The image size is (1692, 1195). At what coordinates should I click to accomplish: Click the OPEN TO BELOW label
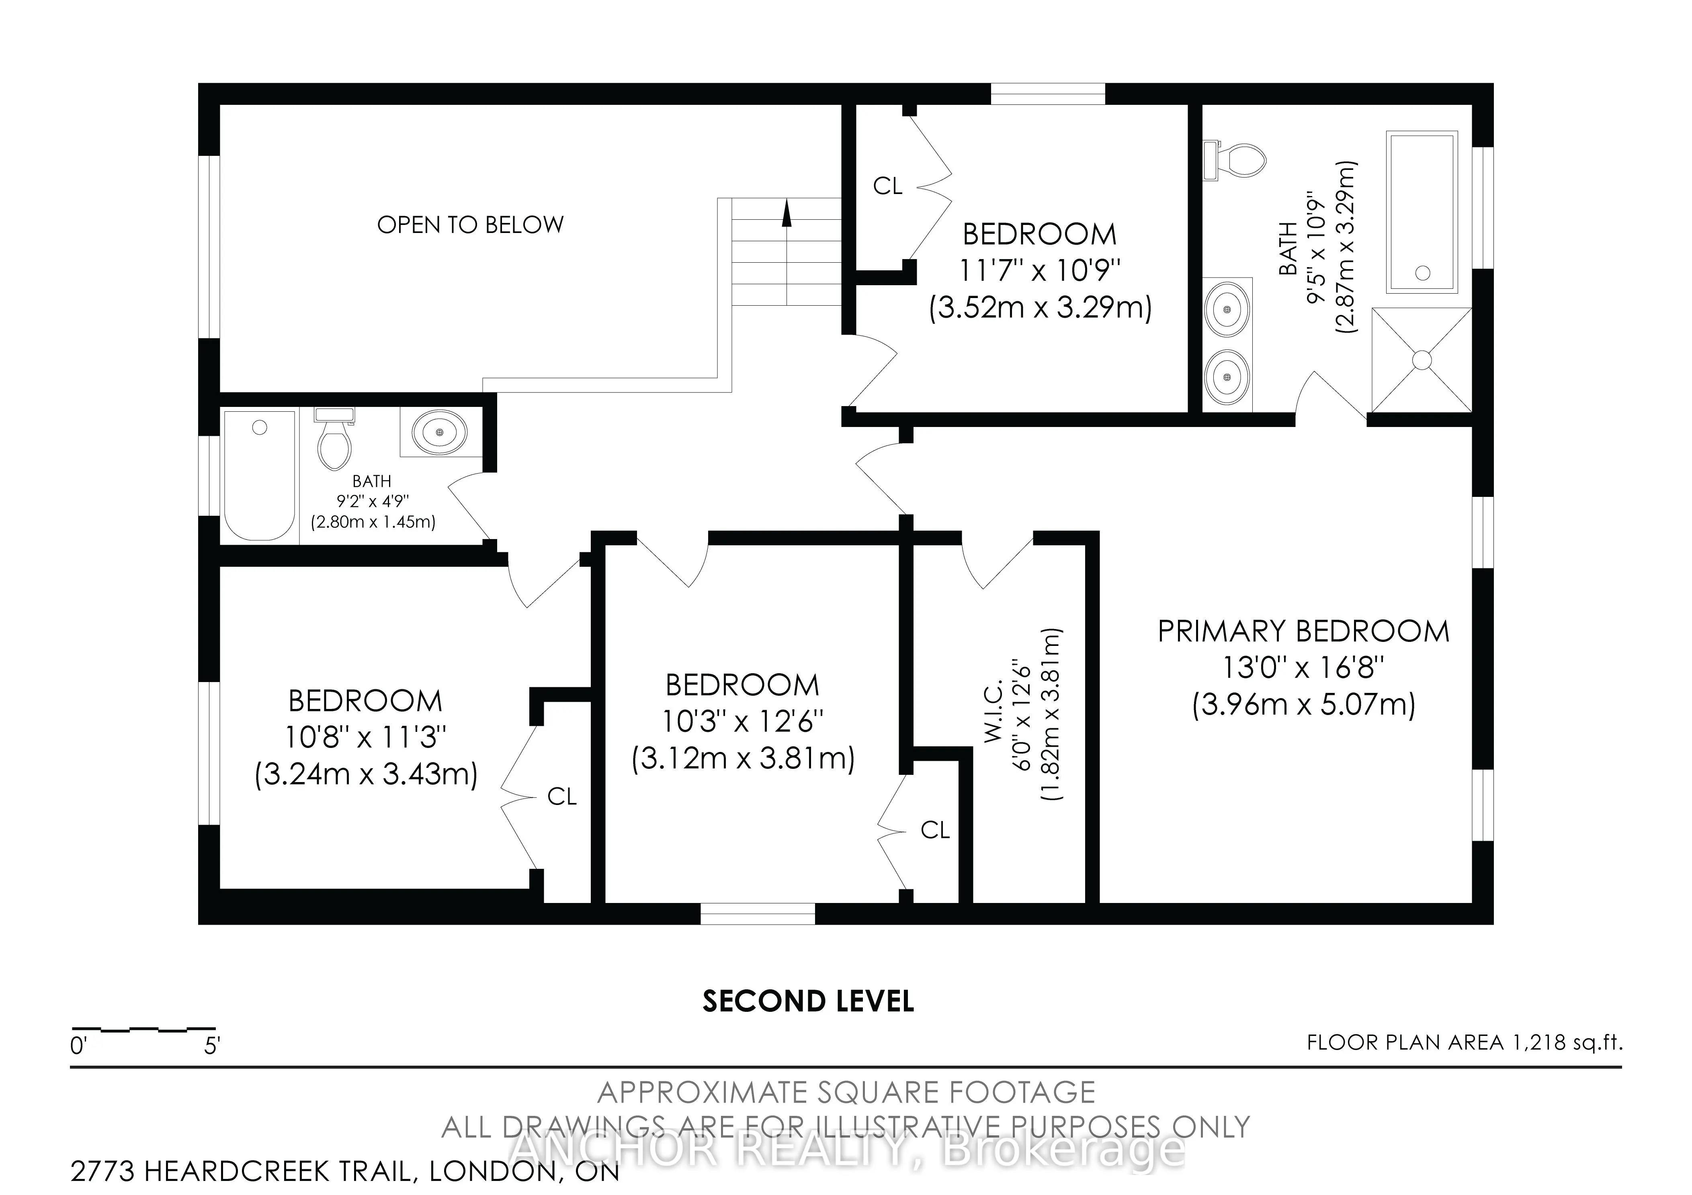[470, 225]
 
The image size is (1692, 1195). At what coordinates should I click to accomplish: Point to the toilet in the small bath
[334, 441]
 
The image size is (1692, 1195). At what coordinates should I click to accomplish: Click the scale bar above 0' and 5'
[144, 1028]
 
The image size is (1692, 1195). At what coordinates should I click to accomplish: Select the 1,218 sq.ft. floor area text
[1566, 1042]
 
